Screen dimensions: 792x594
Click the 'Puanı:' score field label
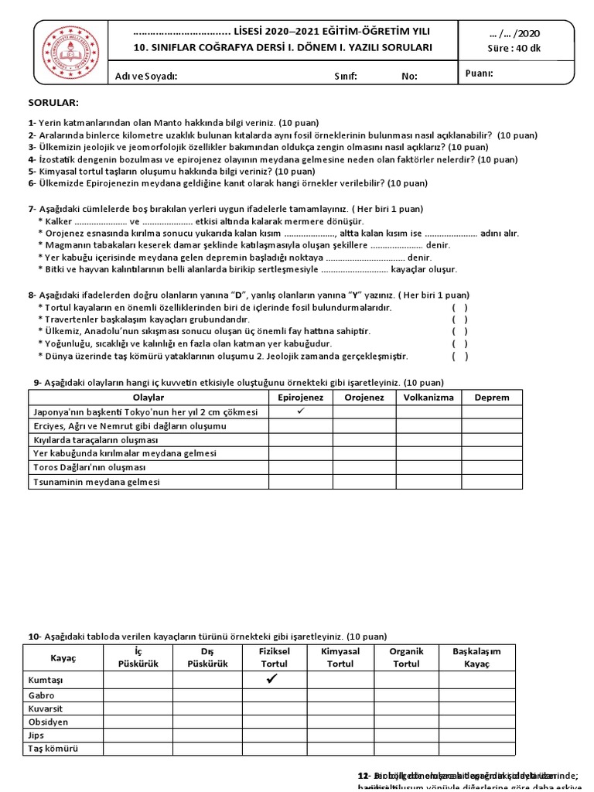click(479, 74)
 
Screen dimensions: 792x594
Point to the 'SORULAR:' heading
click(53, 103)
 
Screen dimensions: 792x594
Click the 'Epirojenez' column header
click(301, 398)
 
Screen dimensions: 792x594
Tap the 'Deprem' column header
click(493, 398)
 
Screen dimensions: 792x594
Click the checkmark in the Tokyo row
click(301, 411)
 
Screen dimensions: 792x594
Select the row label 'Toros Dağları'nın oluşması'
click(84, 467)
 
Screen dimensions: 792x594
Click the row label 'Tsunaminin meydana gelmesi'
click(96, 481)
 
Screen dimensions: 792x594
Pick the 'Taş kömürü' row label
click(53, 749)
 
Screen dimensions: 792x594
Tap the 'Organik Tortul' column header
click(406, 657)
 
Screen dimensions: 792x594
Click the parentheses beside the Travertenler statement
click(459, 319)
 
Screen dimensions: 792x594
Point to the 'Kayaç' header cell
click(63, 657)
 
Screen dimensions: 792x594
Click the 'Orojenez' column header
click(364, 398)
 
